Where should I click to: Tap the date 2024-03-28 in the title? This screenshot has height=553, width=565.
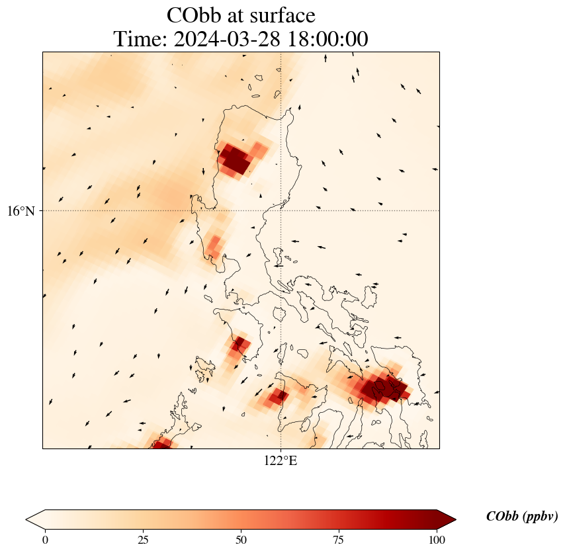[x=227, y=39]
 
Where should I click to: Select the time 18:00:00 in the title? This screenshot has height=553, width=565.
[x=328, y=39]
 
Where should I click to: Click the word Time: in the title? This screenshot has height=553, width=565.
[x=140, y=39]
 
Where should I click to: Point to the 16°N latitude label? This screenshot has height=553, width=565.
[x=21, y=211]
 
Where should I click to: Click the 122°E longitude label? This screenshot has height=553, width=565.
[x=281, y=460]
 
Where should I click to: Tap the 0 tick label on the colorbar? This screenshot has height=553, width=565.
[x=45, y=540]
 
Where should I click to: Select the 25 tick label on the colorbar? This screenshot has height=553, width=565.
[x=143, y=540]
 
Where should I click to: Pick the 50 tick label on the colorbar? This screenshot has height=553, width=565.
[x=241, y=540]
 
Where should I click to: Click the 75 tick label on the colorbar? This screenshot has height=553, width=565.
[x=339, y=540]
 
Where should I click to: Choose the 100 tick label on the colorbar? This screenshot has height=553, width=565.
[x=437, y=540]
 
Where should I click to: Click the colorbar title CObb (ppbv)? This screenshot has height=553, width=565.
[x=522, y=516]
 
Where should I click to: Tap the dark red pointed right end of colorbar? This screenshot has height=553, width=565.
[x=447, y=519]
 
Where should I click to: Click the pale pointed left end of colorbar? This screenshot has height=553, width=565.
[x=35, y=519]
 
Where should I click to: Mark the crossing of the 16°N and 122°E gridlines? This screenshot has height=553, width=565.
[x=281, y=211]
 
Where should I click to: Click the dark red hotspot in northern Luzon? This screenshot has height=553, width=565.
[x=235, y=159]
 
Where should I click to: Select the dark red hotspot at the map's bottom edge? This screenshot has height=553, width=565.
[x=160, y=445]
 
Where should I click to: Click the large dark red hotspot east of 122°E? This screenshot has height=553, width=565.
[x=384, y=388]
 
